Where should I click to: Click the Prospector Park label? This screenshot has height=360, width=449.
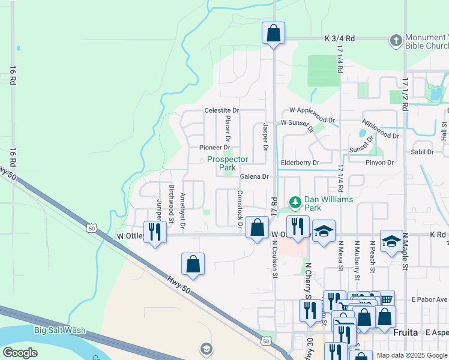click(x=228, y=163)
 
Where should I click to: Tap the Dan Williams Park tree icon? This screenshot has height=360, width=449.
click(x=295, y=201)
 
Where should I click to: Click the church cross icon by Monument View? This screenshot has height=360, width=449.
click(x=396, y=40)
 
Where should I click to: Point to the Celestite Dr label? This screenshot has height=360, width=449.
click(x=221, y=110)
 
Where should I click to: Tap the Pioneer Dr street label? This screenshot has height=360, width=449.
click(x=214, y=147)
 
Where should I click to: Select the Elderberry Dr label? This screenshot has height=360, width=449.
click(x=300, y=163)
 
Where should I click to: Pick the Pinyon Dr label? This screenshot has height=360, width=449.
click(x=379, y=163)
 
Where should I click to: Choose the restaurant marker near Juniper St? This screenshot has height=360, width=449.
click(x=155, y=232)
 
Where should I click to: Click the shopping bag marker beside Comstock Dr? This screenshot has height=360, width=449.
click(x=257, y=227)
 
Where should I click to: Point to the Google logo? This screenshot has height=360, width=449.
click(x=20, y=352)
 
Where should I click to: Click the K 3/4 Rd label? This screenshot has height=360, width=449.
click(x=340, y=38)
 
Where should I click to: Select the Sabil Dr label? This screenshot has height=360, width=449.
click(x=421, y=152)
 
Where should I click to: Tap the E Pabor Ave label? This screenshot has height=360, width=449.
click(x=427, y=299)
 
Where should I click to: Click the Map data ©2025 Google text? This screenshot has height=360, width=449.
click(x=411, y=355)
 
